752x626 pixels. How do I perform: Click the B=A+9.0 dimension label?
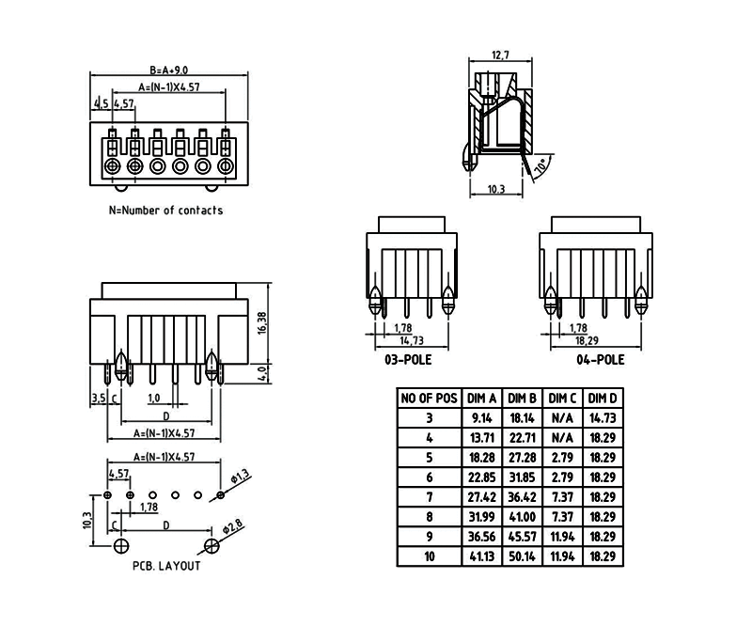pos(169,70)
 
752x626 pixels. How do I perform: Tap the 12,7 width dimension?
pos(500,55)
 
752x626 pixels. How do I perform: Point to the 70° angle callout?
pos(541,168)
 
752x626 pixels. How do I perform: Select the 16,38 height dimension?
pos(262,322)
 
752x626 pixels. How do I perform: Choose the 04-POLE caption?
pos(601,359)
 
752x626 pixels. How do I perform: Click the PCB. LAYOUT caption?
pos(166,566)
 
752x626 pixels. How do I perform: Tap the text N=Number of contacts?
pos(166,211)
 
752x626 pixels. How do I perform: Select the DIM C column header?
pos(563,398)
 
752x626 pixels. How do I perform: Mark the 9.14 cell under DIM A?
pos(481,417)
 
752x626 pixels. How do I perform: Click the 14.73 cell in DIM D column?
pos(603,417)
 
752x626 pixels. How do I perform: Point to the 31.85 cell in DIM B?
pos(523,477)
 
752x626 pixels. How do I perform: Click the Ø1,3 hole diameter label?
pos(240,477)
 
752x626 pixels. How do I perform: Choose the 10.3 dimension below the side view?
pos(496,190)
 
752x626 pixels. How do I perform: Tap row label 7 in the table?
pos(430,497)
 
